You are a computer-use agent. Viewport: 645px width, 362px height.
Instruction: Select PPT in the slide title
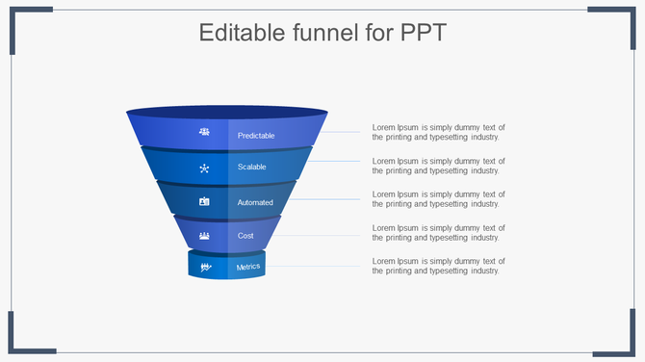click(x=422, y=34)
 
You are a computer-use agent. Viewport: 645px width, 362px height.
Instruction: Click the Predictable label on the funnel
click(x=256, y=136)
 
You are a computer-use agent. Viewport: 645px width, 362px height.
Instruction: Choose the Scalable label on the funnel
click(x=252, y=168)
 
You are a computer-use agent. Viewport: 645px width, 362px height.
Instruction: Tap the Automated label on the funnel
click(x=255, y=202)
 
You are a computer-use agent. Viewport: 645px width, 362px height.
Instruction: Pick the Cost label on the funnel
click(x=245, y=235)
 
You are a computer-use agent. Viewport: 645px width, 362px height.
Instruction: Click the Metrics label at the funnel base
click(x=248, y=267)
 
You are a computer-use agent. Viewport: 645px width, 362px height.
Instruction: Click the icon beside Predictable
click(x=204, y=132)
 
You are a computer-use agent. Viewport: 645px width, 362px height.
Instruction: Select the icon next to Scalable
click(x=204, y=168)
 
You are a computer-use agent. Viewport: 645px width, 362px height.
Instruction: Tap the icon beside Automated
click(x=204, y=202)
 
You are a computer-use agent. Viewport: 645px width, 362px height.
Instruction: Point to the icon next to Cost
click(x=204, y=235)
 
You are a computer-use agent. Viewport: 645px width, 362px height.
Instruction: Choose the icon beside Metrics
click(x=205, y=267)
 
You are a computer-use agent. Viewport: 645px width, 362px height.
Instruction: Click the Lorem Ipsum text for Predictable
click(x=438, y=132)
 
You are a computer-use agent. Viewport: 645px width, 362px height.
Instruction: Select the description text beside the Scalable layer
click(x=438, y=166)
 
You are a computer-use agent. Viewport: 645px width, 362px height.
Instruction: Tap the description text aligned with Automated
click(x=438, y=199)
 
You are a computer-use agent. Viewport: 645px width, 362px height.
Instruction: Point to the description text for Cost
click(x=438, y=233)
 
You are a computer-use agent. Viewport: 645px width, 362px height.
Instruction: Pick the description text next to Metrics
click(x=438, y=267)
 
